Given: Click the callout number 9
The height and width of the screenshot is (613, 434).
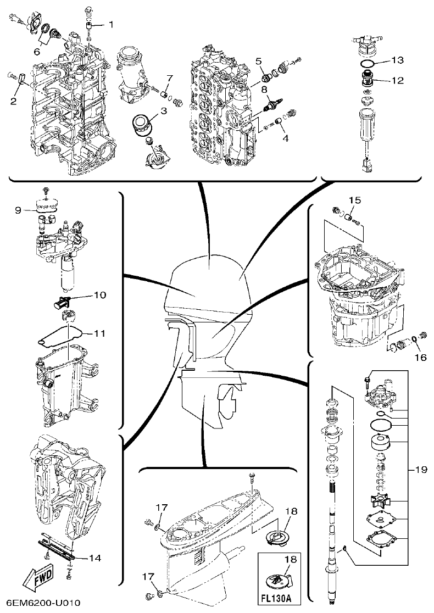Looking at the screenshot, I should (x=17, y=209).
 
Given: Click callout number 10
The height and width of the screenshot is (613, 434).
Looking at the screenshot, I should (x=99, y=296).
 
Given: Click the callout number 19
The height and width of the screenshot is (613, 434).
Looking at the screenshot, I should (x=421, y=470).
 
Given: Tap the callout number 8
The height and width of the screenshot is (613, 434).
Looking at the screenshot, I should (x=264, y=88).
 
